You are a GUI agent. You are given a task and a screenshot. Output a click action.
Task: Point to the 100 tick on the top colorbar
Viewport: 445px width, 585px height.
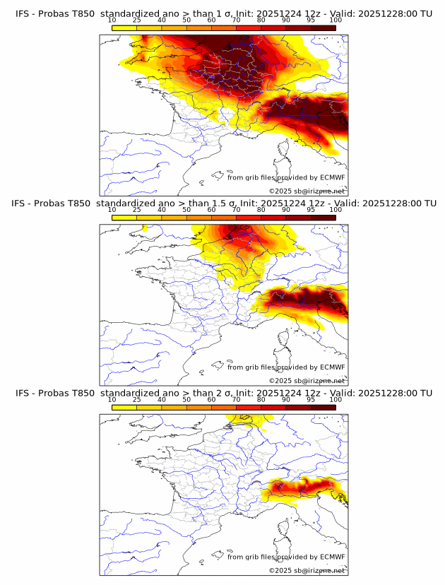336,20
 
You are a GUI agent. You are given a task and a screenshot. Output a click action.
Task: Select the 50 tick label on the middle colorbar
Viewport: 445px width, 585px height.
186,210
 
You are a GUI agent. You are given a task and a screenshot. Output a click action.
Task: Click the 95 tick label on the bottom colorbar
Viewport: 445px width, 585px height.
311,399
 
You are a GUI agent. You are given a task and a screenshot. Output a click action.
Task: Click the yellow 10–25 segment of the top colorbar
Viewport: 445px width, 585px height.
124,28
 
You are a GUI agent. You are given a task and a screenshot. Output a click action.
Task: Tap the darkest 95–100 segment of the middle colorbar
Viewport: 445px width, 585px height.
324,218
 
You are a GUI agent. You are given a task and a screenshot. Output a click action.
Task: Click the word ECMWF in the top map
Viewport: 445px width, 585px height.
332,177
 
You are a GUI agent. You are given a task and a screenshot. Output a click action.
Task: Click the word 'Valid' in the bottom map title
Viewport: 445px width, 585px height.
350,393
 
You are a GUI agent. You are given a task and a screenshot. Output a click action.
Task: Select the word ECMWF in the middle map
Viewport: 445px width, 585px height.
332,367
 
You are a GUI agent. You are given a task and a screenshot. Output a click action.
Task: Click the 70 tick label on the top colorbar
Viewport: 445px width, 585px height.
236,20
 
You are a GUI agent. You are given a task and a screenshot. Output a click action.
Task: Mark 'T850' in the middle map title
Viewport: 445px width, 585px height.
79,203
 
